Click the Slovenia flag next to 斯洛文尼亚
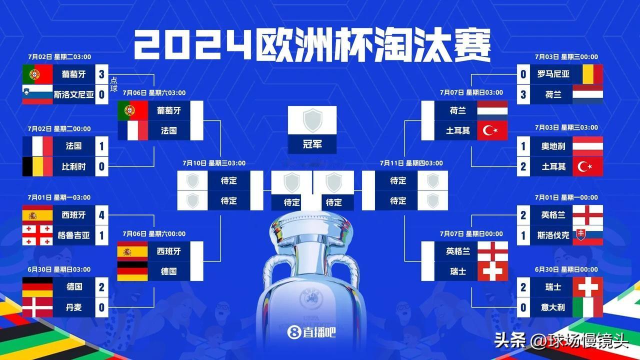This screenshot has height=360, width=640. pyautogui.click(x=37, y=94)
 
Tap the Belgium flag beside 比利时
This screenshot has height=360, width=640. pyautogui.click(x=37, y=166)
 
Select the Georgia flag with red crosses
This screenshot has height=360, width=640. pyautogui.click(x=37, y=235)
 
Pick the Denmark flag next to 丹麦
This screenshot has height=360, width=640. pyautogui.click(x=37, y=307)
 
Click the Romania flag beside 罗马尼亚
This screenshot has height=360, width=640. pyautogui.click(x=588, y=74)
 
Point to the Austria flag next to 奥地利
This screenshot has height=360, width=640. pyautogui.click(x=588, y=146)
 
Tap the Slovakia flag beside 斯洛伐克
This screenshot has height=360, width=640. pyautogui.click(x=588, y=235)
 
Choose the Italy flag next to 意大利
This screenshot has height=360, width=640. pyautogui.click(x=588, y=307)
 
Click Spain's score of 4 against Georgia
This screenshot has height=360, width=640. pyautogui.click(x=101, y=215)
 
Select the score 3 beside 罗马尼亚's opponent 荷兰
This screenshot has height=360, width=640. pyautogui.click(x=523, y=94)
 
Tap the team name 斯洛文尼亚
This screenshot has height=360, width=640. pyautogui.click(x=73, y=94)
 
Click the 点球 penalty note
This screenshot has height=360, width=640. pyautogui.click(x=113, y=84)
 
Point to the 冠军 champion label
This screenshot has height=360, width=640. pyautogui.click(x=312, y=144)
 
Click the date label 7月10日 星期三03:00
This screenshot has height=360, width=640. pyautogui.click(x=214, y=163)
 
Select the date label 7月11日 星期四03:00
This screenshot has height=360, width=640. pyautogui.click(x=411, y=163)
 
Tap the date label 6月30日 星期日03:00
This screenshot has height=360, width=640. pyautogui.click(x=59, y=269)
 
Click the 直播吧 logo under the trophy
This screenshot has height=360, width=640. pyautogui.click(x=311, y=332)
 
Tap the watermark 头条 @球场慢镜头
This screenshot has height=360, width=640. pyautogui.click(x=561, y=340)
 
